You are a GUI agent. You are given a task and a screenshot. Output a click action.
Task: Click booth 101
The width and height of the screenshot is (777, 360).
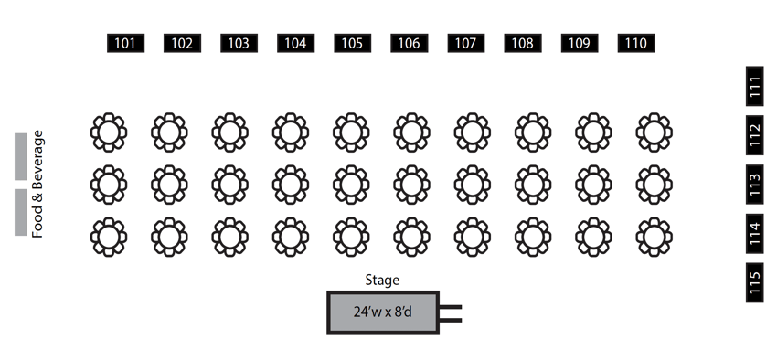pyautogui.click(x=126, y=43)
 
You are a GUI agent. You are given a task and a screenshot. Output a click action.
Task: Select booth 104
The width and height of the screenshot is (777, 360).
pyautogui.click(x=295, y=43)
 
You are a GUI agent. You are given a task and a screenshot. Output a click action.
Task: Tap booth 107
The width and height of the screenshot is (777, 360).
pyautogui.click(x=465, y=43)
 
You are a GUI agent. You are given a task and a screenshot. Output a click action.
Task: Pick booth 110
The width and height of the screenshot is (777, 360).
pyautogui.click(x=635, y=43)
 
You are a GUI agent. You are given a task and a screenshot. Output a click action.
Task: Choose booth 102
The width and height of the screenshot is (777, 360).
pyautogui.click(x=183, y=43)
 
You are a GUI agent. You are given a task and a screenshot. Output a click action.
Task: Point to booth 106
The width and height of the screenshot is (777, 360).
pyautogui.click(x=409, y=43)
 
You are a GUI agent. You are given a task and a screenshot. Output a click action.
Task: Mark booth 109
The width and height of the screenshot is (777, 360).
pyautogui.click(x=579, y=43)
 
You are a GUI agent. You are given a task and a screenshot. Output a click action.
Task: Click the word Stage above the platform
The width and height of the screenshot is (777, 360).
pyautogui.click(x=382, y=281)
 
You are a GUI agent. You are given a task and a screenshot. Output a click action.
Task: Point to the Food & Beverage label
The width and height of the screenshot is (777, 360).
pyautogui.click(x=38, y=184)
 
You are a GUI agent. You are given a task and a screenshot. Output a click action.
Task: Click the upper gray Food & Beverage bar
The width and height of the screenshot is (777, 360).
pyautogui.click(x=20, y=156)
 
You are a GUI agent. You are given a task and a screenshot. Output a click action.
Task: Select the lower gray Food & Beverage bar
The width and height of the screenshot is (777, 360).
pyautogui.click(x=20, y=212)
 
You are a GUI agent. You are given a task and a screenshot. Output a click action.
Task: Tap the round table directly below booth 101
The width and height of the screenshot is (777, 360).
pyautogui.click(x=109, y=132)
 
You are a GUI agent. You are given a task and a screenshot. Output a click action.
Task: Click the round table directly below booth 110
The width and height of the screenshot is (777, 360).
pyautogui.click(x=655, y=132)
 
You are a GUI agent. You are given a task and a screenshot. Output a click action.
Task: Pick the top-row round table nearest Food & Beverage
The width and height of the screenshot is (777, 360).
pyautogui.click(x=109, y=132)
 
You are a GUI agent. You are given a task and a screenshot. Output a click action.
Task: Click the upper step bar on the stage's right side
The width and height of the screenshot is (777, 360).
pyautogui.click(x=450, y=307)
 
